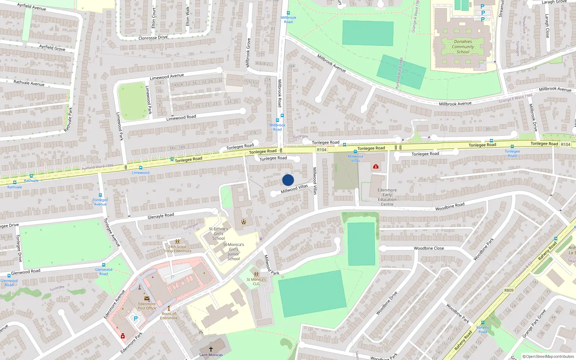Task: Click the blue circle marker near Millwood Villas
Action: click(x=288, y=180)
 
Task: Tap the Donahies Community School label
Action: click(x=463, y=47)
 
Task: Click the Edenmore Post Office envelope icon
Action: click(x=147, y=298)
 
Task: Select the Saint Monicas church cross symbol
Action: click(x=211, y=349)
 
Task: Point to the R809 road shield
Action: click(x=509, y=290)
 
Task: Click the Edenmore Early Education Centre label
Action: click(x=387, y=197)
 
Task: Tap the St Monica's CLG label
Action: click(x=256, y=282)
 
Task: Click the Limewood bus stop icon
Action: click(x=140, y=168)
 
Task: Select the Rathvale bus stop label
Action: click(x=14, y=187)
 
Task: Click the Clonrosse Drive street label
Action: click(x=153, y=37)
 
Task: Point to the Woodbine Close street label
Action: click(x=429, y=248)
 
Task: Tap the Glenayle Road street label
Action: click(x=161, y=216)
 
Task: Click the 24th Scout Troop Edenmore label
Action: click(x=177, y=249)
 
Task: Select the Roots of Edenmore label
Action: click(x=168, y=316)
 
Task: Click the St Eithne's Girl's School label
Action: click(x=219, y=234)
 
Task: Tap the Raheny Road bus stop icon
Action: click(x=483, y=323)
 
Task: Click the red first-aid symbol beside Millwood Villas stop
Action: click(x=376, y=166)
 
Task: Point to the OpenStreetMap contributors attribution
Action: click(x=548, y=356)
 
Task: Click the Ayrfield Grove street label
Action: click(x=52, y=47)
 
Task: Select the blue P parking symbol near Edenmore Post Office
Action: click(x=136, y=319)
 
